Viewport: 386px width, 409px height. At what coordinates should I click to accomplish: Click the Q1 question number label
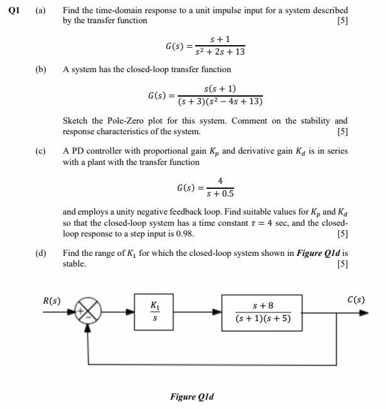(11, 11)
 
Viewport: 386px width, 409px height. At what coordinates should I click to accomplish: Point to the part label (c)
(40, 151)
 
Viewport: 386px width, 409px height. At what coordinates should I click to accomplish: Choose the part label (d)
(40, 253)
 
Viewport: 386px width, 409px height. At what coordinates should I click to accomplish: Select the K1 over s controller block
(154, 311)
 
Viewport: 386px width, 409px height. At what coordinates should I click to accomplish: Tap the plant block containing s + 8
(262, 311)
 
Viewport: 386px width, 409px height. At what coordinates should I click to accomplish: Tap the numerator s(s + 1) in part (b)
(220, 89)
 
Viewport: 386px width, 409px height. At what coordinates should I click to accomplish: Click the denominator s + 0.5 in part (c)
(219, 193)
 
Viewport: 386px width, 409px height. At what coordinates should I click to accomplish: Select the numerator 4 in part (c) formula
(220, 181)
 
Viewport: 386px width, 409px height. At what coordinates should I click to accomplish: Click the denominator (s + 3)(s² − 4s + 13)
(220, 102)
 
